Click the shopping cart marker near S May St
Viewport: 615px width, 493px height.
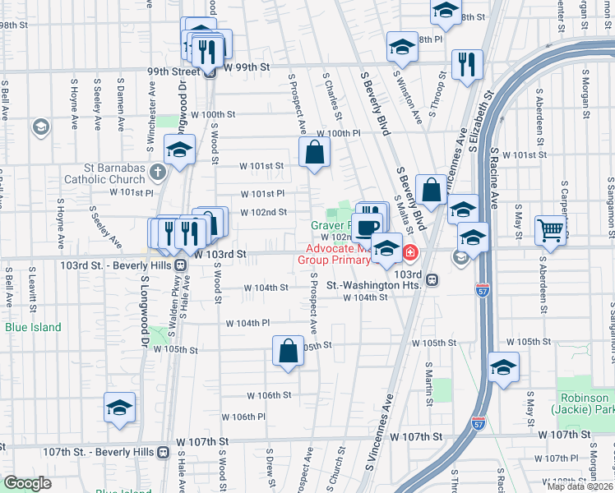[550, 230]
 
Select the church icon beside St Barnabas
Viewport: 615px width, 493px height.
[157, 173]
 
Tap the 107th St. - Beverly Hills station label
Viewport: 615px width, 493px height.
[100, 452]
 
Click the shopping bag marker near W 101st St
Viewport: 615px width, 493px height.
[315, 152]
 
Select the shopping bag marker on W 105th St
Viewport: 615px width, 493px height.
[289, 351]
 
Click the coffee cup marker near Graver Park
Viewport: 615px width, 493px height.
[369, 228]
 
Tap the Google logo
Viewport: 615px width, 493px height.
[27, 482]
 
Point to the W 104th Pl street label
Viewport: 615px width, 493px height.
[247, 324]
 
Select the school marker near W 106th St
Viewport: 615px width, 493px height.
[119, 408]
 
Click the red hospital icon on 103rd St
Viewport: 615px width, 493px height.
[407, 251]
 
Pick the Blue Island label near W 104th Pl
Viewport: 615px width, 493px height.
[33, 327]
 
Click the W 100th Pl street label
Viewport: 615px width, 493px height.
[339, 133]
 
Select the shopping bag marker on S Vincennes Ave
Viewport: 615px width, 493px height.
[431, 191]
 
